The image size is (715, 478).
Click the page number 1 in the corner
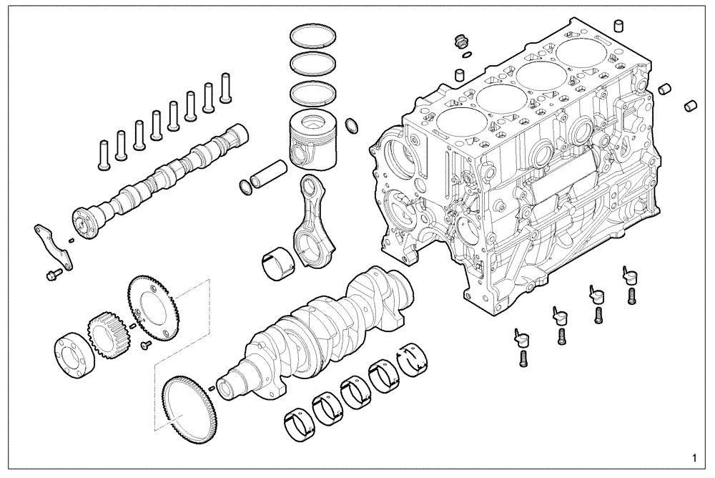(694, 457)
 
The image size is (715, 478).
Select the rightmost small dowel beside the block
(691, 104)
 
